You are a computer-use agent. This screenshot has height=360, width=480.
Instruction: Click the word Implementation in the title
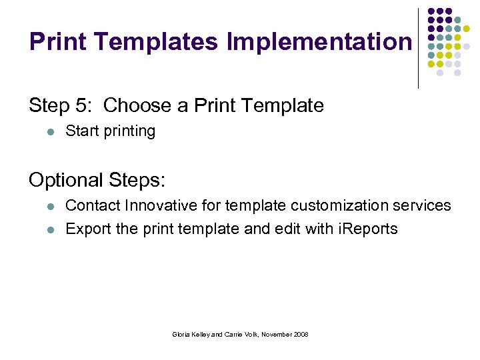pos(319,42)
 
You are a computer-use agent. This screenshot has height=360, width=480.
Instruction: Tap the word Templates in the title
pos(155,42)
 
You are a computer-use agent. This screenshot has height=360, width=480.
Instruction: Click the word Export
pos(88,229)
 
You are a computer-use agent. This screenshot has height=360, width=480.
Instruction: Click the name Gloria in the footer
pos(182,334)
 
